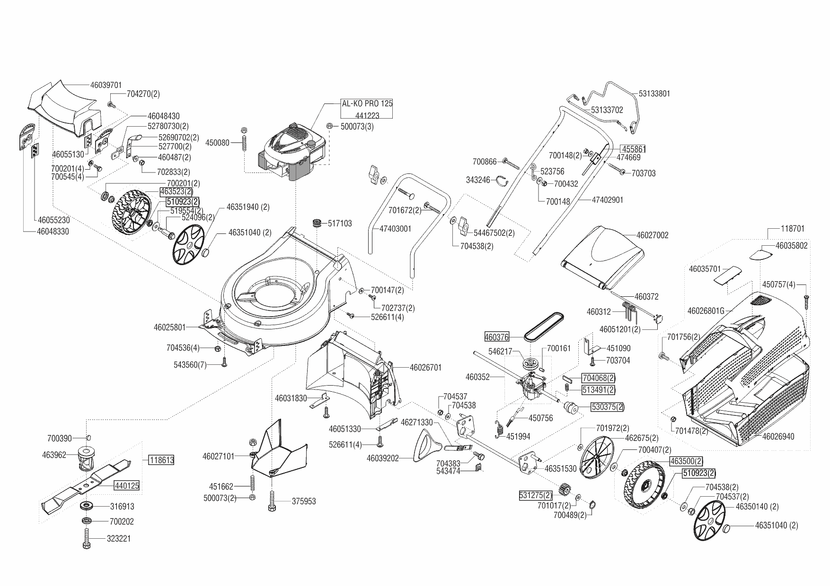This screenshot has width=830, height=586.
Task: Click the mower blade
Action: [85, 487]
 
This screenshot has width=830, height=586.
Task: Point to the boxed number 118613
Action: [161, 460]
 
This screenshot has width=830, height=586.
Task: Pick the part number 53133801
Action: [654, 94]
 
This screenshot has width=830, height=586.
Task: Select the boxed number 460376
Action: [497, 337]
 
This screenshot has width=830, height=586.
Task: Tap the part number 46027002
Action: [652, 235]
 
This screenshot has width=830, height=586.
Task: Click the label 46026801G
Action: [706, 311]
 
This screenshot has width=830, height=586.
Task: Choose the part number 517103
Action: [339, 223]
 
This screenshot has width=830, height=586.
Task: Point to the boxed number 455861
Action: [634, 149]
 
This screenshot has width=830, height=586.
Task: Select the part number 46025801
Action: [169, 327]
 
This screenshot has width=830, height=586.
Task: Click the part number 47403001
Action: [395, 229]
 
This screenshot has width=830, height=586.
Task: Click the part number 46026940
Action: [778, 437]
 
